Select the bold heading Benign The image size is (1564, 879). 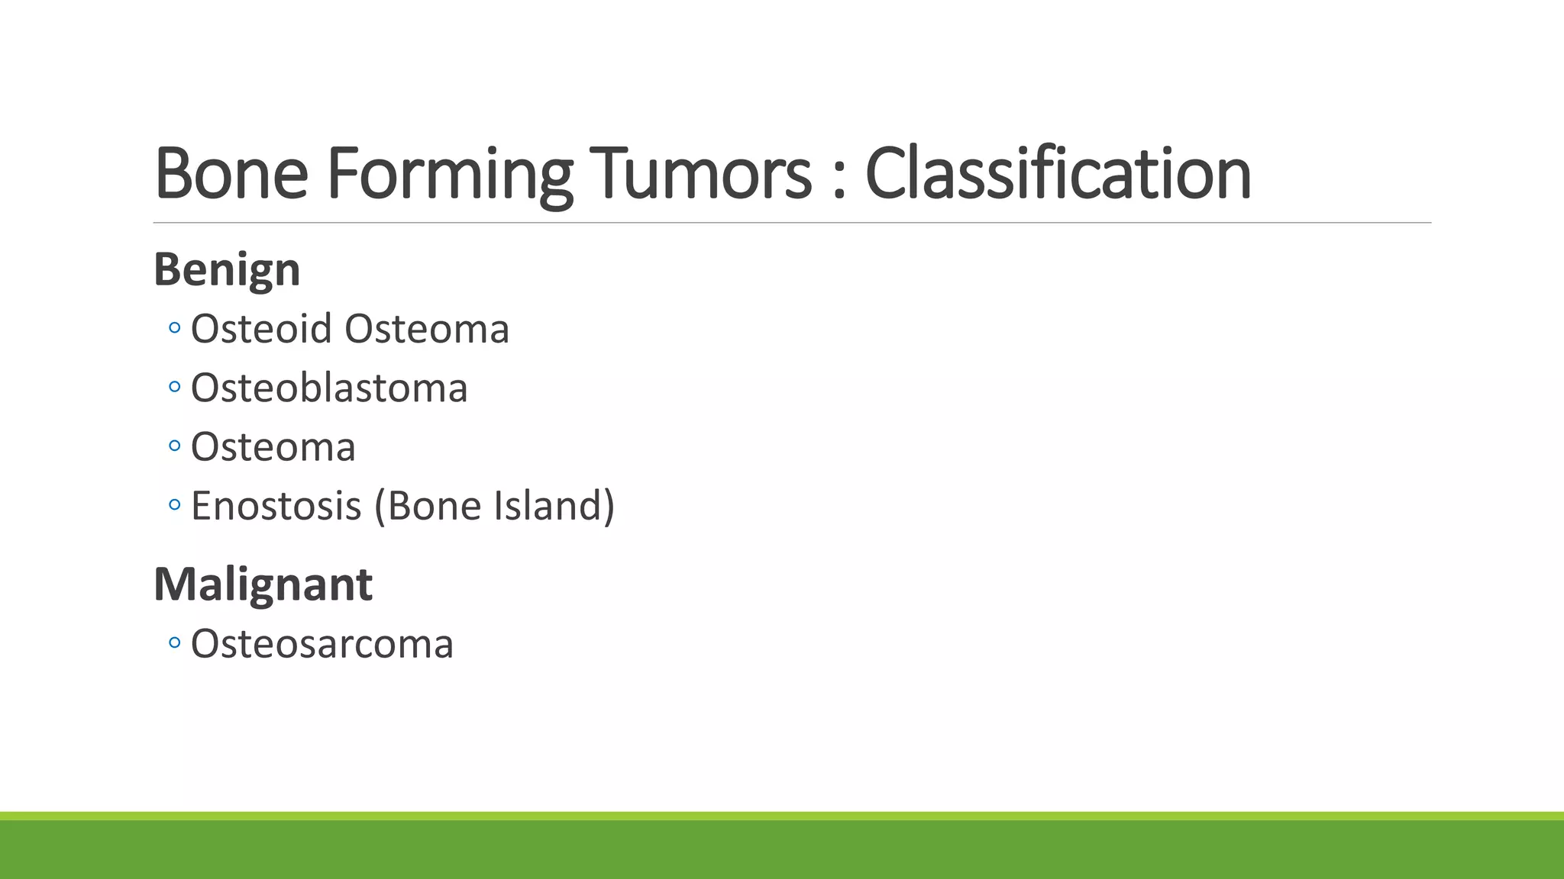[227, 270]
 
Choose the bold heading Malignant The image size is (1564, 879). [263, 584]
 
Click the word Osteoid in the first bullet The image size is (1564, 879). [261, 329]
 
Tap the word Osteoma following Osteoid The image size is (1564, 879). [427, 329]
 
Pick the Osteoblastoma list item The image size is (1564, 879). [328, 388]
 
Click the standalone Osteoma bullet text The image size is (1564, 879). [273, 447]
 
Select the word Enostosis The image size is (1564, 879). [276, 506]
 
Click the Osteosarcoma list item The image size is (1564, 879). [322, 644]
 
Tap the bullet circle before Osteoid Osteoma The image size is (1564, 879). [174, 329]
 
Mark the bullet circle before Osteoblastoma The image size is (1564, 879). [174, 388]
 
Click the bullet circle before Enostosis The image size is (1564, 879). [174, 505]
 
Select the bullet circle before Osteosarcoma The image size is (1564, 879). [174, 643]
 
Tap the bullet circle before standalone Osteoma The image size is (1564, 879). [174, 446]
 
